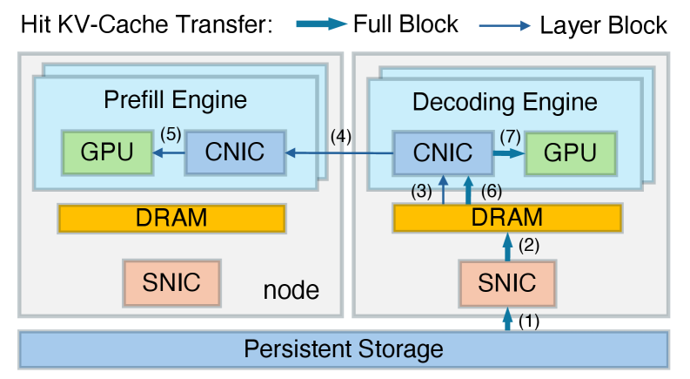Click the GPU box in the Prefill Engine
coord(107,152)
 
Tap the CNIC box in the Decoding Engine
coord(442,153)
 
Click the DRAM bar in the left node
coord(171,218)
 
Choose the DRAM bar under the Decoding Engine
coord(507,218)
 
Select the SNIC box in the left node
coord(171,281)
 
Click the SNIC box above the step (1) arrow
coord(507,281)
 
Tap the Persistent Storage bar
coord(344,349)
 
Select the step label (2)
coord(529,247)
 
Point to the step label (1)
coord(529,321)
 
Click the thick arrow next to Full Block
coord(319,25)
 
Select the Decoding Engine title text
coord(505,102)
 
